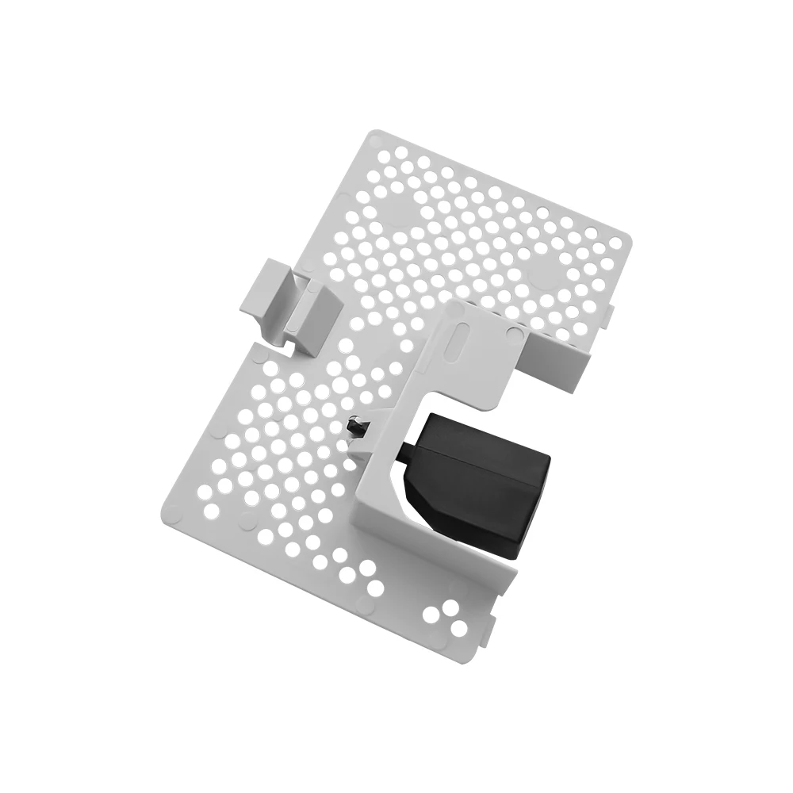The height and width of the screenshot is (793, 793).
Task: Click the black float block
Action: [x=476, y=484]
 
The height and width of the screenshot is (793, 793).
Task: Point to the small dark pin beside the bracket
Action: [x=355, y=426]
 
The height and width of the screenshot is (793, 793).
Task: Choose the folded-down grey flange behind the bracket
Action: [x=555, y=361]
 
